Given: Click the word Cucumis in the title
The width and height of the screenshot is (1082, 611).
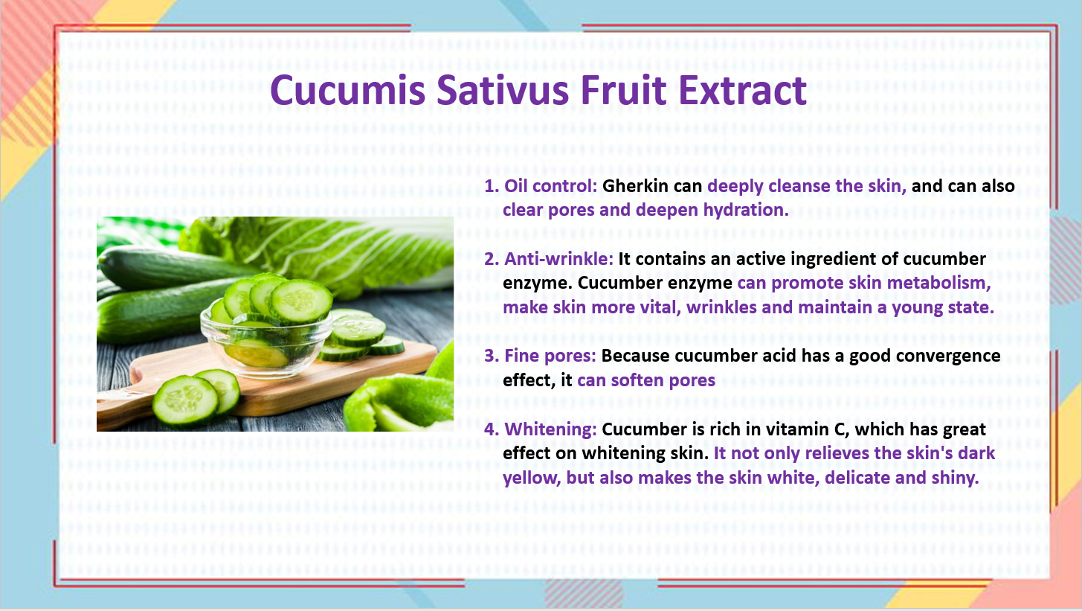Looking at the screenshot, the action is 348,90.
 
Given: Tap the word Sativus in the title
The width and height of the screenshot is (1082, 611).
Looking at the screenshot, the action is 503,90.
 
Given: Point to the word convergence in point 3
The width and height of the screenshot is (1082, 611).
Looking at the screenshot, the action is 948,356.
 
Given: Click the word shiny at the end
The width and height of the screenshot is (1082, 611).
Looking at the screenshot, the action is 955,478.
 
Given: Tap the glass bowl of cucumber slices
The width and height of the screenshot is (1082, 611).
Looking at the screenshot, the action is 266,340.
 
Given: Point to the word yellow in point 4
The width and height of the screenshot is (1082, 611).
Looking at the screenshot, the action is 532,478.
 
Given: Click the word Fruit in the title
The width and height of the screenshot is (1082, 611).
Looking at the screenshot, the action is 623,90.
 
